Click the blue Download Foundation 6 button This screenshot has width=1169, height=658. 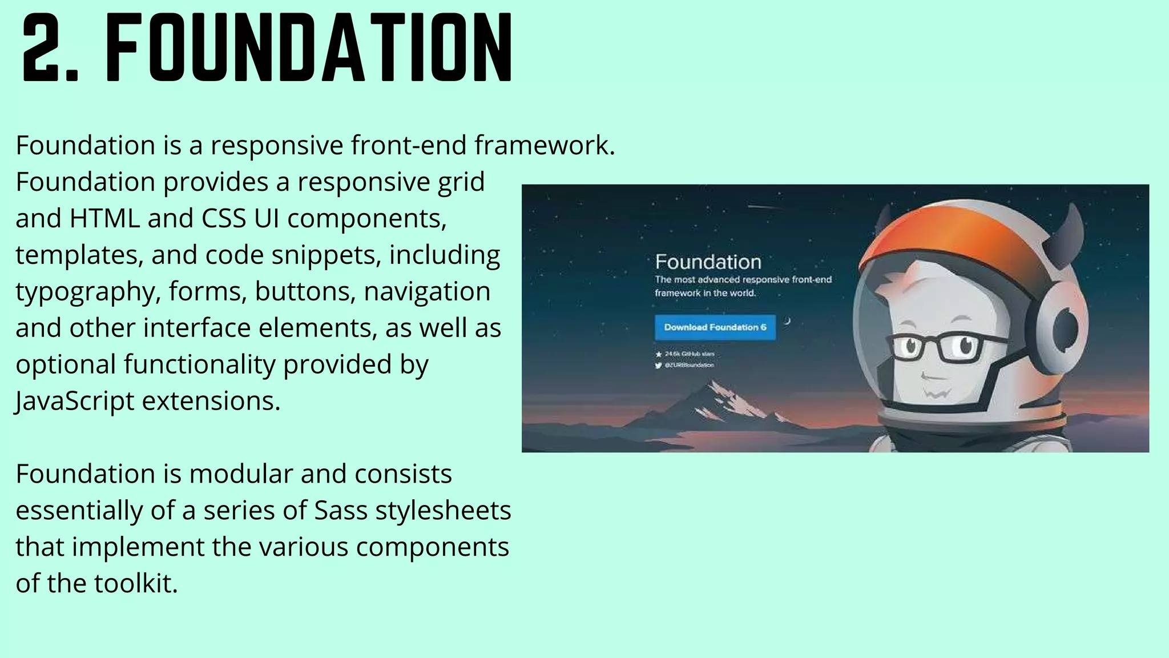[x=715, y=327]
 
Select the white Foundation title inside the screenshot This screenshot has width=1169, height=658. [x=708, y=262]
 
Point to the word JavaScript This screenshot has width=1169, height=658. [x=75, y=401]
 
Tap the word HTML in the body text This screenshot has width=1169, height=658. [x=104, y=218]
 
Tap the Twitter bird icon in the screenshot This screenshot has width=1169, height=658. [x=658, y=366]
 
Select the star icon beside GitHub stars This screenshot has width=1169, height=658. [x=659, y=354]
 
